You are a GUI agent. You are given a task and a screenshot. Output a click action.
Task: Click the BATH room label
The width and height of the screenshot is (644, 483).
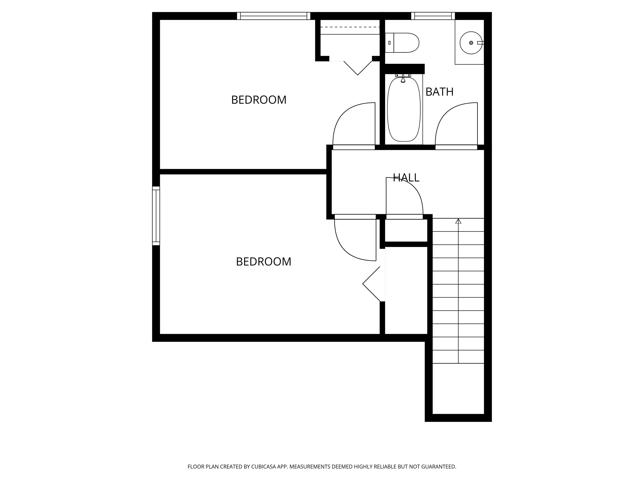[x=439, y=92]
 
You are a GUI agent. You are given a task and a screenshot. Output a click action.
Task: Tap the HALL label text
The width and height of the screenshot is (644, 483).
[x=406, y=178]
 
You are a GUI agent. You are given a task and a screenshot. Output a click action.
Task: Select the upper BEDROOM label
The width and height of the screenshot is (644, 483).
[x=259, y=100]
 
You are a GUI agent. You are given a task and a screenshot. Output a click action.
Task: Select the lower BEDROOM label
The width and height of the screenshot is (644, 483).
[x=263, y=262]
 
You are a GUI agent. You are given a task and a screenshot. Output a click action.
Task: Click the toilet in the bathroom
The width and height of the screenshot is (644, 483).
[x=402, y=43]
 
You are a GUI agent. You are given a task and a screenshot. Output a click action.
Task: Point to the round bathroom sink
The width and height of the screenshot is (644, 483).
[x=471, y=43]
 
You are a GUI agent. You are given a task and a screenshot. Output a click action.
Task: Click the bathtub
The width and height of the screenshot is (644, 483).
[x=404, y=109]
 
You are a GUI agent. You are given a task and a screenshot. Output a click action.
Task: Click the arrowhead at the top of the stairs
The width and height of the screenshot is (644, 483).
[x=458, y=221]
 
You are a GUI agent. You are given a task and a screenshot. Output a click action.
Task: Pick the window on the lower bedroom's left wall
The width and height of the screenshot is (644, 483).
[x=156, y=216]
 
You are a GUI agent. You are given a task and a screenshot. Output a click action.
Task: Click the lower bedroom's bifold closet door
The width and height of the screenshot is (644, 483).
[x=371, y=284]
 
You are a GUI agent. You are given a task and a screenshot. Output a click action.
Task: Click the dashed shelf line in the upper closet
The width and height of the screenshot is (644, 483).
[x=350, y=27]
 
